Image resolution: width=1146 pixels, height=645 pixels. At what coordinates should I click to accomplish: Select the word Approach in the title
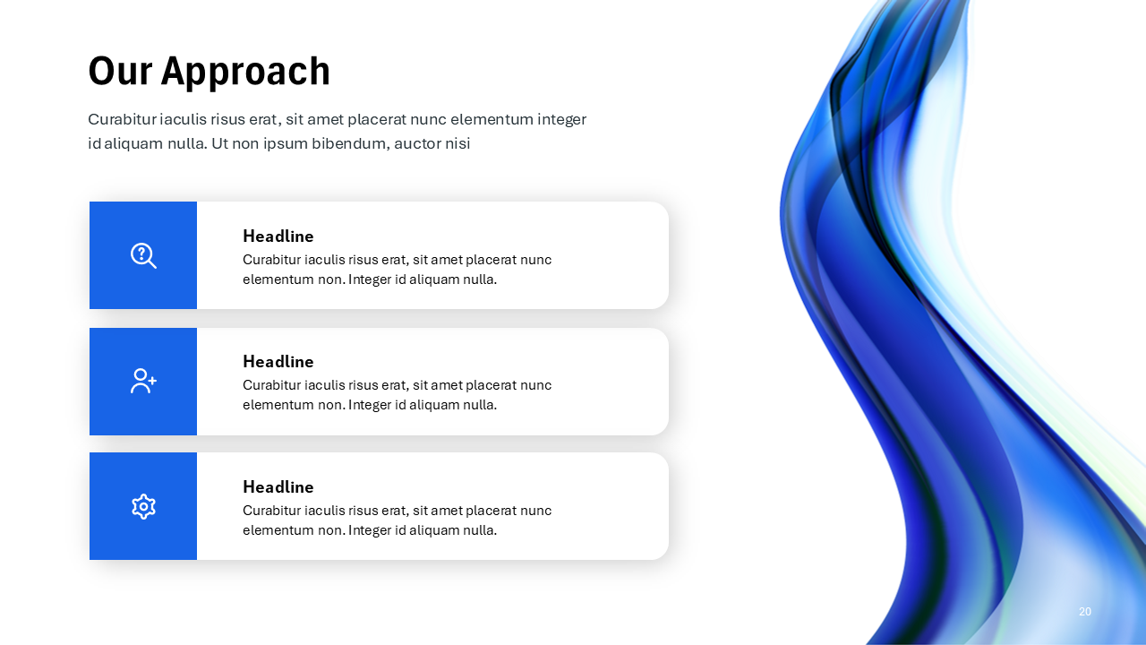[x=245, y=72]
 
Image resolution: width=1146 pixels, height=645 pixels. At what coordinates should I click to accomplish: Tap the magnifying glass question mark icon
[x=143, y=255]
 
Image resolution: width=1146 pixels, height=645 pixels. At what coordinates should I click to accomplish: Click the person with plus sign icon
[x=143, y=381]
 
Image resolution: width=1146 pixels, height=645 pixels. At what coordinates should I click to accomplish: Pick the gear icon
[x=143, y=506]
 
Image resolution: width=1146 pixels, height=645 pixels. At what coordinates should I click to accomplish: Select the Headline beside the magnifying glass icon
[x=278, y=236]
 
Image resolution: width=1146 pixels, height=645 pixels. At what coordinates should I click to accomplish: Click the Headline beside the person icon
[x=278, y=362]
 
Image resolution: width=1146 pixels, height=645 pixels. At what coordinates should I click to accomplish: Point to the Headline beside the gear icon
[x=278, y=487]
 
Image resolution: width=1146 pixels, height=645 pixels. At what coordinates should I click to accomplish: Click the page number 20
[x=1085, y=612]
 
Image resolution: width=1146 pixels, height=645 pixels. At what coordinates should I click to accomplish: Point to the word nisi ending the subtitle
[x=458, y=143]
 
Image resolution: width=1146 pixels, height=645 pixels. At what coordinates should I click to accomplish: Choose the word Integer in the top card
[x=370, y=279]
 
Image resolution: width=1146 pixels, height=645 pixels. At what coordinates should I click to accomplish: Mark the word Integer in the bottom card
[x=370, y=530]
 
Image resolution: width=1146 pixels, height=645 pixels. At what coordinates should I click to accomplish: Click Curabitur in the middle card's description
[x=271, y=385]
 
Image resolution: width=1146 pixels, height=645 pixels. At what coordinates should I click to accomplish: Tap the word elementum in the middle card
[x=278, y=405]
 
